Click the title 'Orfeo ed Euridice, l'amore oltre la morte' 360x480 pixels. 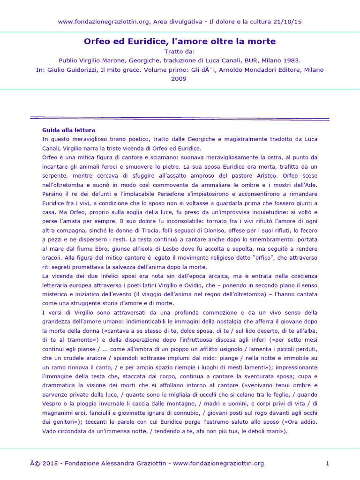click(180, 41)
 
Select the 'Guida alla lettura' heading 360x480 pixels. click(68, 130)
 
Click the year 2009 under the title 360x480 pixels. click(180, 79)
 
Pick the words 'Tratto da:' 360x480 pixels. click(180, 51)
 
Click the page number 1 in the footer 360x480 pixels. click(327, 464)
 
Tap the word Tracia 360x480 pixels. click(151, 231)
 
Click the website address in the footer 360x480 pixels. click(218, 464)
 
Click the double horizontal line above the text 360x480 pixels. click(180, 118)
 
